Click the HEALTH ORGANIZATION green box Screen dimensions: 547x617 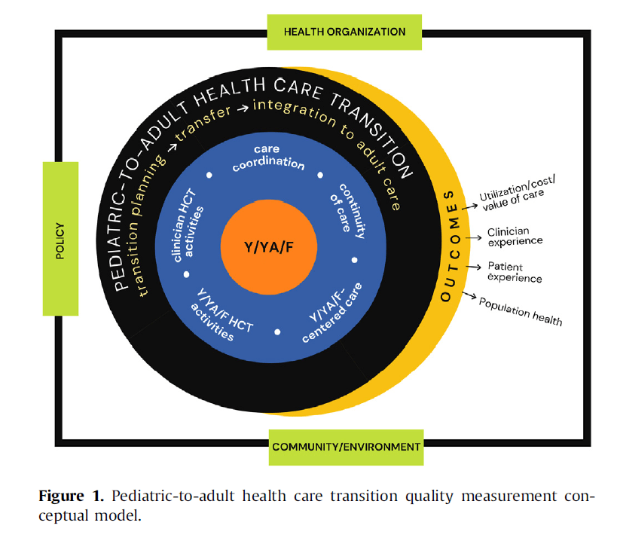pyautogui.click(x=344, y=32)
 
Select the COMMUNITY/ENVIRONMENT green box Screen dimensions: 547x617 pyautogui.click(x=346, y=447)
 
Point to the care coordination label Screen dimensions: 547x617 pyautogui.click(x=267, y=158)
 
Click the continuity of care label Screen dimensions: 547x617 pyautogui.click(x=347, y=210)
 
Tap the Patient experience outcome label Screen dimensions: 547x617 pyautogui.click(x=515, y=272)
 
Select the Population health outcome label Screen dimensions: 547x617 pyautogui.click(x=521, y=310)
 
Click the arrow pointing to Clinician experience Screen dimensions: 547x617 pyautogui.click(x=474, y=237)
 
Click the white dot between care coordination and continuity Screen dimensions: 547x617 pyautogui.click(x=321, y=175)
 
